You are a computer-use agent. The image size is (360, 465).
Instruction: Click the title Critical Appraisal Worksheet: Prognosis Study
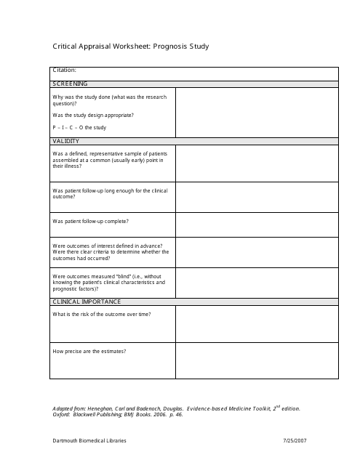point(131,46)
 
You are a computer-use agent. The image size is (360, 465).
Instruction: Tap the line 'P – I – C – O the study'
point(79,127)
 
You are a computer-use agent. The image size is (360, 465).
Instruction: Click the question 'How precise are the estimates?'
point(89,351)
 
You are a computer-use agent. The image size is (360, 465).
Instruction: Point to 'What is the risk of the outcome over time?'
point(102,312)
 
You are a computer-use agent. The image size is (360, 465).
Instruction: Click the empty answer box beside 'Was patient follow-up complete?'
point(257,222)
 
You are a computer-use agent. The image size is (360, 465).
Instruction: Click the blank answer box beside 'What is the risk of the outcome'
point(257,323)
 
